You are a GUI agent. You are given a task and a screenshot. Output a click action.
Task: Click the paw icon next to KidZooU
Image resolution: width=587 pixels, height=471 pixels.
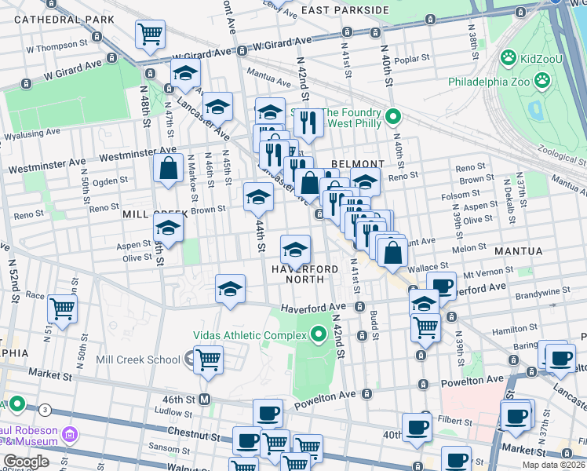509,57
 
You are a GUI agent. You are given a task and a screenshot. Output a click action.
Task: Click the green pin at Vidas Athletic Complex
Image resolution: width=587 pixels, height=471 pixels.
319,335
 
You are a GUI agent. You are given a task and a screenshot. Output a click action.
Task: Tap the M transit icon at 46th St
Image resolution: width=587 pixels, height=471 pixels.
204,399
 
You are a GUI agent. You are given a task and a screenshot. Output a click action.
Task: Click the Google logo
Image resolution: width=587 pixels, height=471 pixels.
26,462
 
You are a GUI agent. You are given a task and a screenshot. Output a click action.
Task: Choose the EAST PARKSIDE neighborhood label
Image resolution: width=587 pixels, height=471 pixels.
345,9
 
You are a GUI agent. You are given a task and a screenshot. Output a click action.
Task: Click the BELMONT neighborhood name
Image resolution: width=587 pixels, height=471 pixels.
358,163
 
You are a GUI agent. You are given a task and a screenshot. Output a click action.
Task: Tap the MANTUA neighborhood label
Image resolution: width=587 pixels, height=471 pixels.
518,251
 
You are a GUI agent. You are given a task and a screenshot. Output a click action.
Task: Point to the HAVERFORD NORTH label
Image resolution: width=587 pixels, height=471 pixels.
305,274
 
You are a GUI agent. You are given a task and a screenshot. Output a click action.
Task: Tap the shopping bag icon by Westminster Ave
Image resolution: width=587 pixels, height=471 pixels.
169,167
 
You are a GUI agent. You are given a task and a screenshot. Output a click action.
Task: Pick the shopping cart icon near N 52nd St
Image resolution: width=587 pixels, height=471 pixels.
62,308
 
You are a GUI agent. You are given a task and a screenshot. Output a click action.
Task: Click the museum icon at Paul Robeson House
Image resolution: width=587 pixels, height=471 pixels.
70,433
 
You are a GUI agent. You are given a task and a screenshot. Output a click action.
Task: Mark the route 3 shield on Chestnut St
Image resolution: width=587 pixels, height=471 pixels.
46,410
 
